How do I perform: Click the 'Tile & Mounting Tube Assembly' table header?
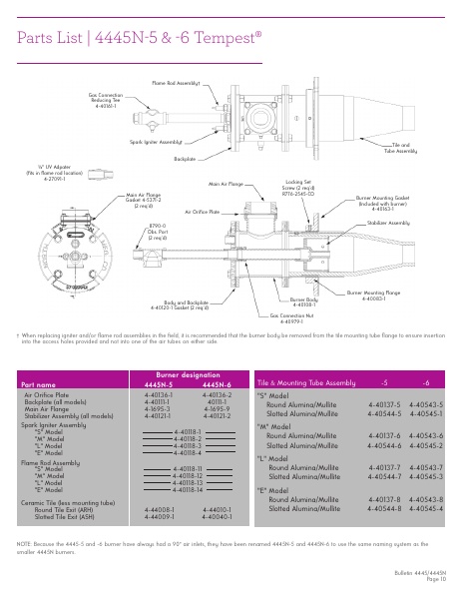(x=306, y=382)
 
